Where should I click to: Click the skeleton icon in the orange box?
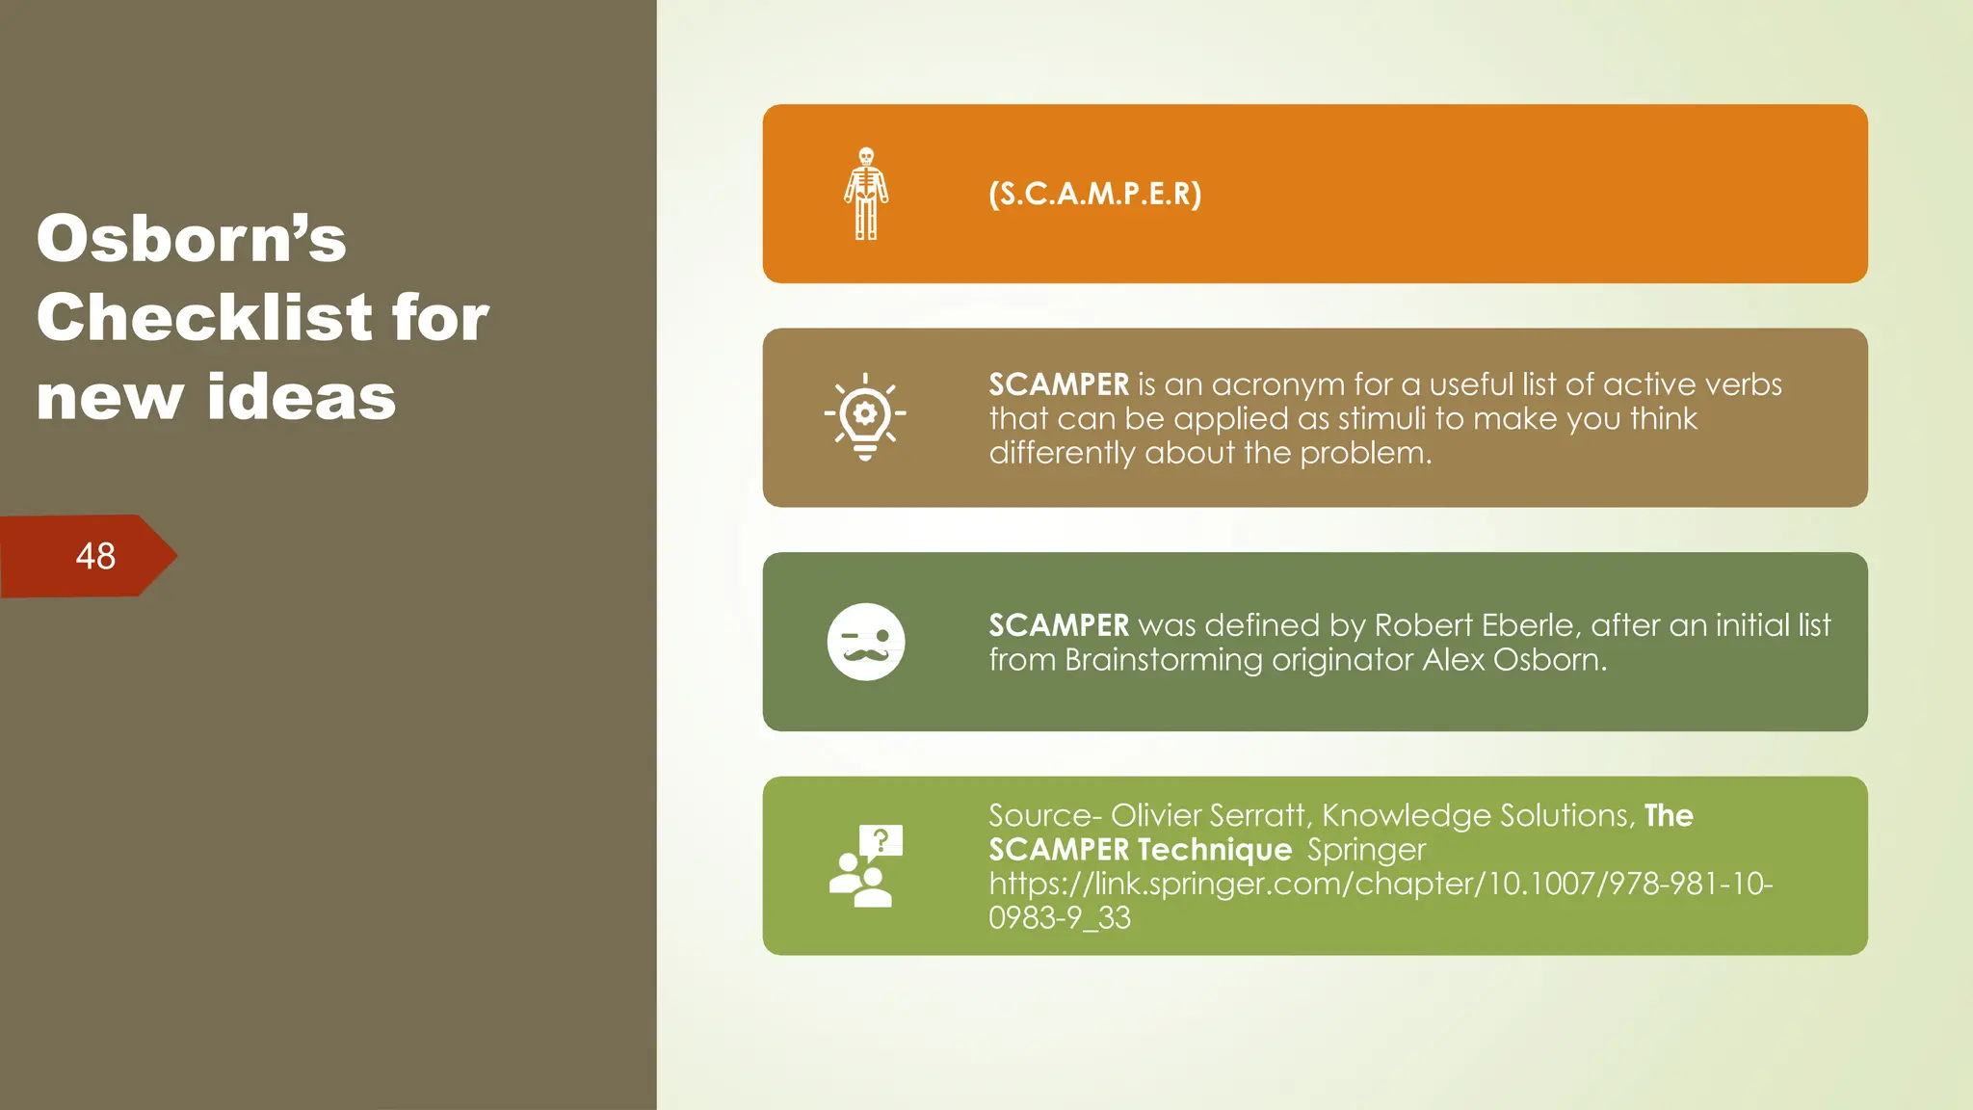coord(866,194)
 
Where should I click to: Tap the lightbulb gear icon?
coord(865,417)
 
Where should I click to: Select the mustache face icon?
coord(866,642)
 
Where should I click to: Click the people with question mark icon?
coord(865,865)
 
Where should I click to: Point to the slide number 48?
coord(95,556)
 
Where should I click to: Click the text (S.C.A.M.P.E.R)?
coord(1094,194)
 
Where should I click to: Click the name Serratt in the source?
coord(1260,816)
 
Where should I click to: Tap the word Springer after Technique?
coord(1365,851)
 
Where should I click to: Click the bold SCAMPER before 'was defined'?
coord(1058,625)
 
